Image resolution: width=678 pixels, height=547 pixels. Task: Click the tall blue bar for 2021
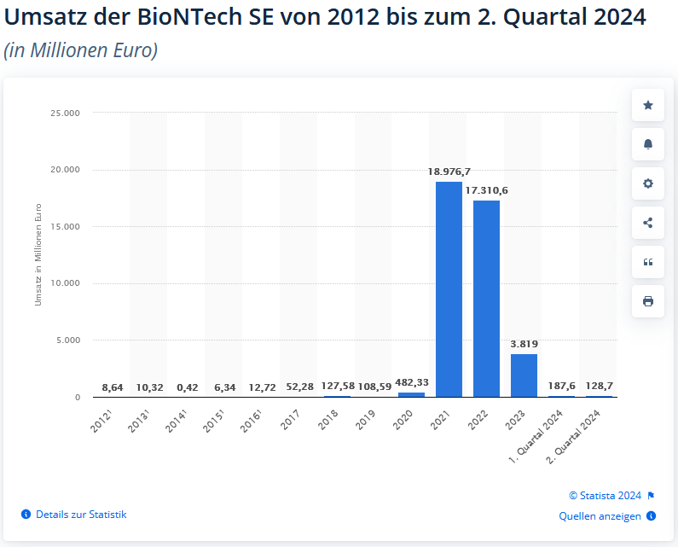pos(449,289)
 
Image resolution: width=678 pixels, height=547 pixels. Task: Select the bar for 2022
pos(486,299)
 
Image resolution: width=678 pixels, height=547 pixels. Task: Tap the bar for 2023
pos(524,375)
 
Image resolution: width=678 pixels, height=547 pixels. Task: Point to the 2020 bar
pos(411,394)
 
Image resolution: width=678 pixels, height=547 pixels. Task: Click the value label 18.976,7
pos(449,172)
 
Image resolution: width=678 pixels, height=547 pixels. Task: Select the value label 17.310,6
pos(486,190)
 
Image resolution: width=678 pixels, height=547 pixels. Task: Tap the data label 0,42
pos(187,387)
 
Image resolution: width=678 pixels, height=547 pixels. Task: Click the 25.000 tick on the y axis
pos(66,113)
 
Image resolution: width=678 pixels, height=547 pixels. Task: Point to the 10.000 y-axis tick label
pos(66,283)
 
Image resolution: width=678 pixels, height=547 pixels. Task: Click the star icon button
pos(648,105)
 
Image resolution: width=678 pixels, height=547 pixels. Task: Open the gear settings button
pos(648,183)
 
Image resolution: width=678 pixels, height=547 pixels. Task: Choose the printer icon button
pos(648,301)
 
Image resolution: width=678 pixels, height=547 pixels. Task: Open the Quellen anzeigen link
pos(600,516)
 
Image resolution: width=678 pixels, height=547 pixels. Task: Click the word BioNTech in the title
pos(186,16)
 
